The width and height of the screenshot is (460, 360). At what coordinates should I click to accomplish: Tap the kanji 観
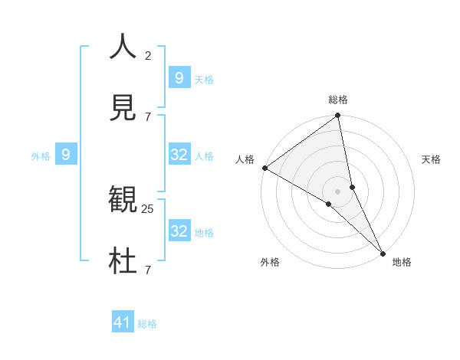click(123, 201)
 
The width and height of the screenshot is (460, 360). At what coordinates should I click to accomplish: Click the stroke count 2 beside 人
click(148, 56)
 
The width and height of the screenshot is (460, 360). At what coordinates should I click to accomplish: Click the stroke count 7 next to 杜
click(148, 270)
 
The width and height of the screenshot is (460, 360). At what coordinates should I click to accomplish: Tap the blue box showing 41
click(123, 322)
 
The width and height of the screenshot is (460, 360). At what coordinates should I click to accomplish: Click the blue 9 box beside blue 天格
click(179, 77)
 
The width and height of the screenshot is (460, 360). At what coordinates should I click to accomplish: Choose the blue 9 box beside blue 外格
click(66, 155)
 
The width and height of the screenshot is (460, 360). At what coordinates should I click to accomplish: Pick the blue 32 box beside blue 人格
click(179, 155)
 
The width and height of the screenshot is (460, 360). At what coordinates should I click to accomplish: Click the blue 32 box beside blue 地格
click(179, 231)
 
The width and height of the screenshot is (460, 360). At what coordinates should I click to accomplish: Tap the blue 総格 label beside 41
click(147, 324)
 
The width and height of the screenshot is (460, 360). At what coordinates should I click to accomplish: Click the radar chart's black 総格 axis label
click(338, 100)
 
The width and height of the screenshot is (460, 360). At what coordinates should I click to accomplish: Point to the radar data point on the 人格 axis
click(264, 168)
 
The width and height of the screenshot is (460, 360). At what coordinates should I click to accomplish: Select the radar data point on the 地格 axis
click(383, 252)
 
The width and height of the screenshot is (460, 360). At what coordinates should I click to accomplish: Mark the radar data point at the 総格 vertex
click(337, 116)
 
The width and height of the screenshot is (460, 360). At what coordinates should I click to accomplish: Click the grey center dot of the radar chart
click(337, 190)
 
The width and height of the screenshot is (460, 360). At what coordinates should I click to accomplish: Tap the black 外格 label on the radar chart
click(270, 263)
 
